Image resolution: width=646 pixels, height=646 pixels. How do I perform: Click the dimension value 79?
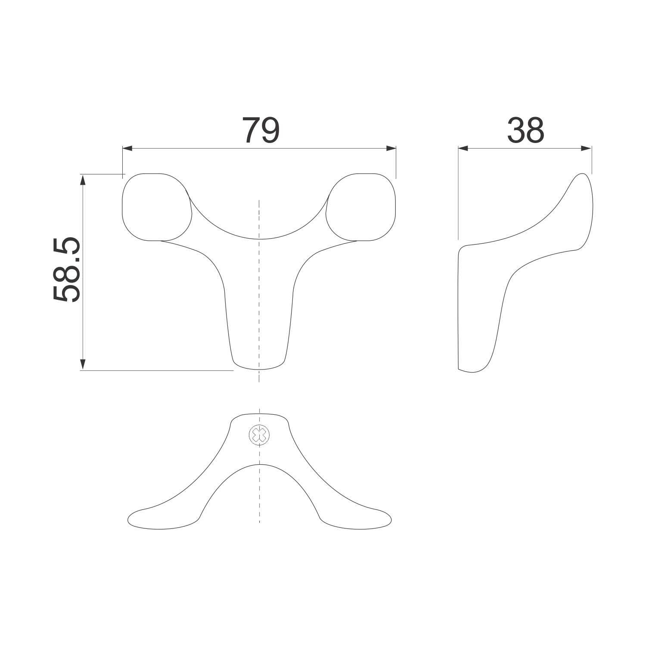pos(261,130)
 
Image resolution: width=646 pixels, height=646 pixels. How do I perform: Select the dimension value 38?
pos(525,130)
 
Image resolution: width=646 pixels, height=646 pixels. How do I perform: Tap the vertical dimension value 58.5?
pos(67,270)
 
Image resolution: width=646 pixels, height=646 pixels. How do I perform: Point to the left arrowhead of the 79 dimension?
pos(128,148)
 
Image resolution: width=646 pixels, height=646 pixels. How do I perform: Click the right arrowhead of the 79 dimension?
pos(391,148)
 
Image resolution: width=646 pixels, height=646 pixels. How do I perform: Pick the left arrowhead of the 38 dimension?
pos(463,148)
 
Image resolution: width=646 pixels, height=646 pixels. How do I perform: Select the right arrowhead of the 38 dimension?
pos(586,148)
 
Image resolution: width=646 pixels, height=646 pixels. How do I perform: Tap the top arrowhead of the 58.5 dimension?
pos(83,180)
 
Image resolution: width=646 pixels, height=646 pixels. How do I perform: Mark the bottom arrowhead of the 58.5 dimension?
pos(83,365)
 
